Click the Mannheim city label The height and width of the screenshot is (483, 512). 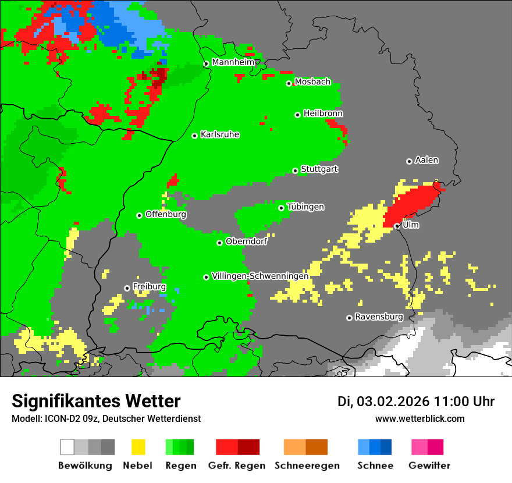coord(233,62)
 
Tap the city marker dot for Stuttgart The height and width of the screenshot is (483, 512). coord(295,171)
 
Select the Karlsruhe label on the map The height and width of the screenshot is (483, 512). coord(220,134)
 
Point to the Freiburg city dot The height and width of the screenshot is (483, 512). coord(127,288)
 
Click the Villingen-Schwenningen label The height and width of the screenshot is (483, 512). coord(260,276)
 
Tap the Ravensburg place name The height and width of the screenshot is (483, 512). coord(379,317)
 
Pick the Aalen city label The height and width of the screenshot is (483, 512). coord(426,160)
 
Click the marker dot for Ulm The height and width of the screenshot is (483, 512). coord(397,226)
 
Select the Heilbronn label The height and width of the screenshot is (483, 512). coord(323,113)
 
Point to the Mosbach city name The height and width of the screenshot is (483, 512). coord(312,82)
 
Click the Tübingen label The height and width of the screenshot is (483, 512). coord(305,207)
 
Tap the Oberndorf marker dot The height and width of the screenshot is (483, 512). coord(219,243)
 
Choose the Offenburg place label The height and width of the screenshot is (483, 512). coord(166,214)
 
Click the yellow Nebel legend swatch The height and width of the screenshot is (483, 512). coord(138,447)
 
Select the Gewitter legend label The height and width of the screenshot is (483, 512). coord(429,466)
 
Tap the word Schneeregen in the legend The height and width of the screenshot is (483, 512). coord(307,466)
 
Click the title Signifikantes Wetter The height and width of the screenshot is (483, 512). coord(96,401)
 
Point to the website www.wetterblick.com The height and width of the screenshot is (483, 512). coord(419,418)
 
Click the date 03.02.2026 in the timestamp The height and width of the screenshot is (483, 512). coord(393,402)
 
